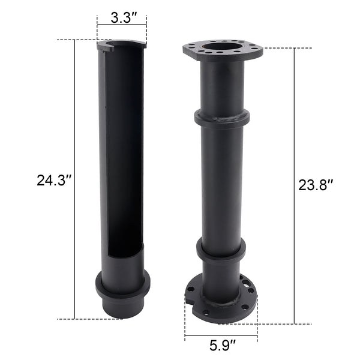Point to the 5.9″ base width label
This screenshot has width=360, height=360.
click(x=221, y=345)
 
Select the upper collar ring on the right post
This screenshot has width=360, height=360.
click(x=222, y=118)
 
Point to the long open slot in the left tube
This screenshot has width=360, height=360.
click(x=125, y=162)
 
